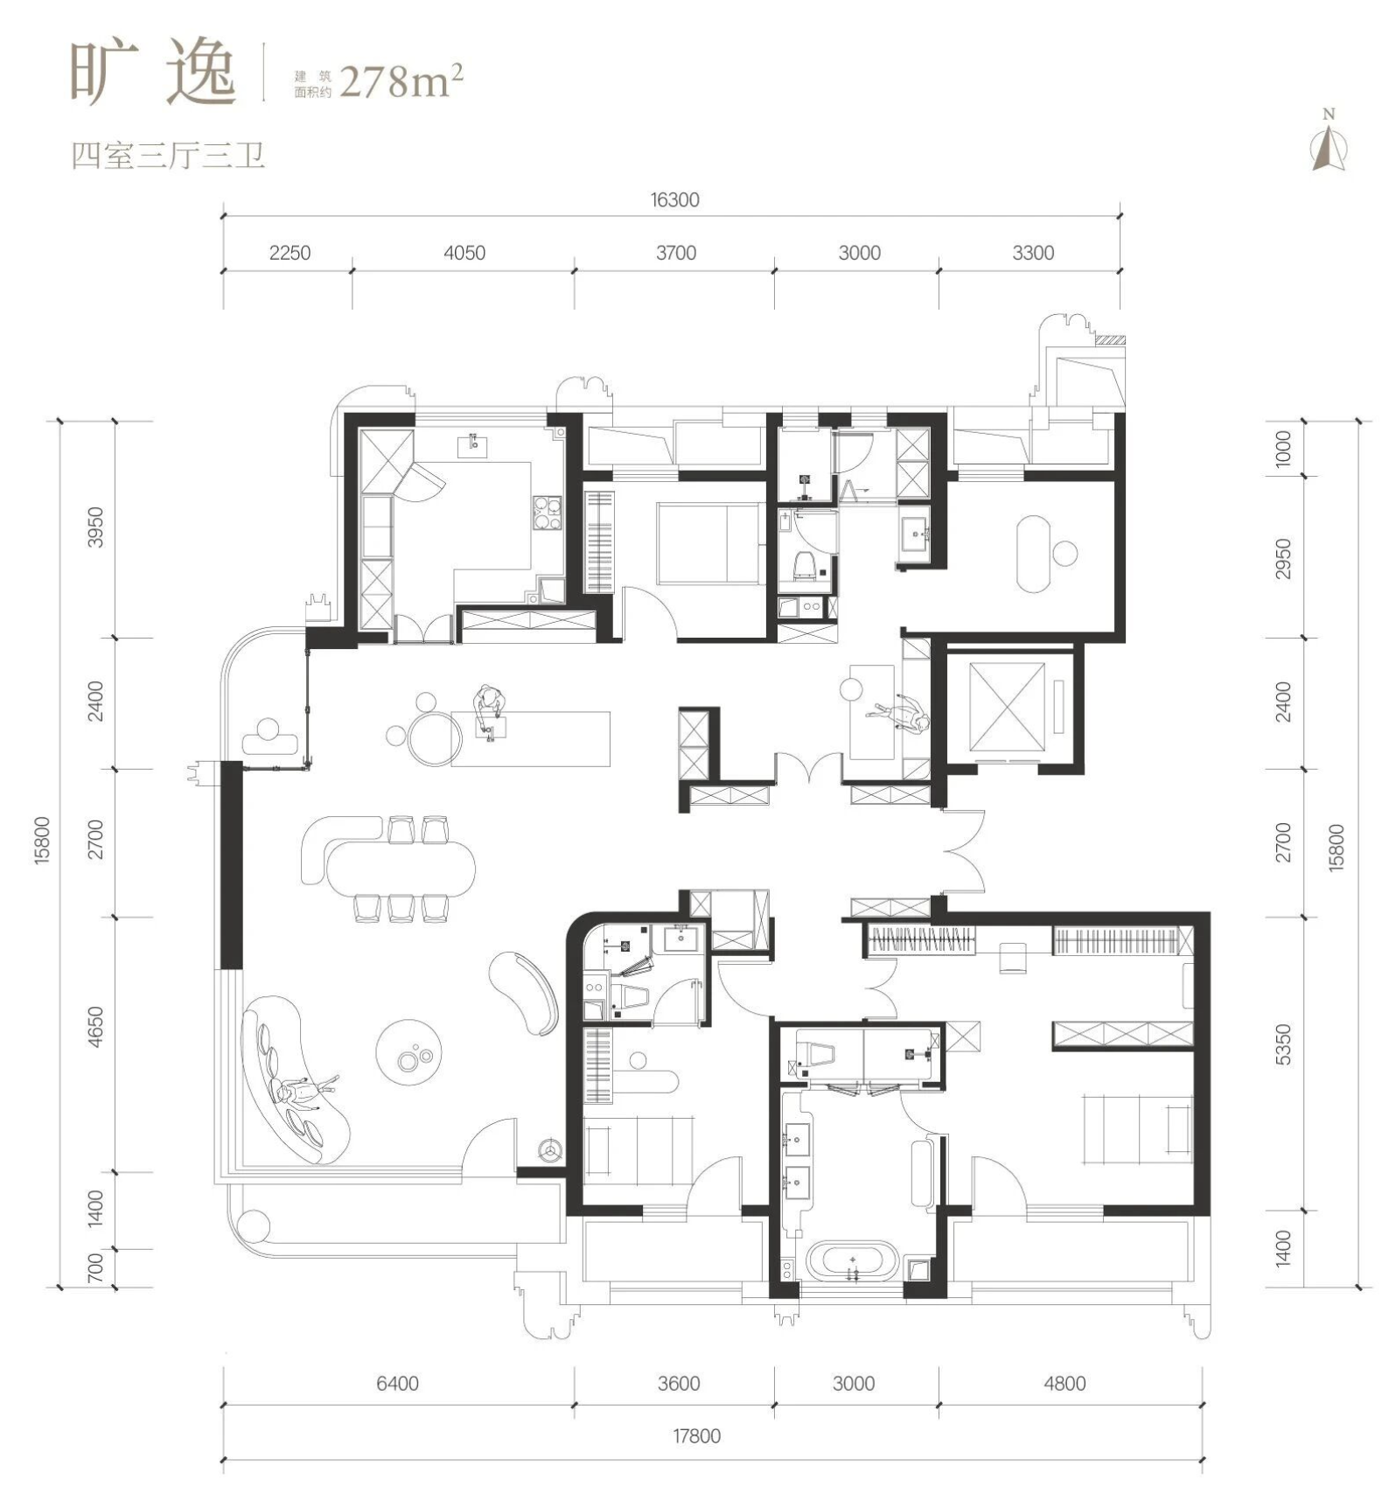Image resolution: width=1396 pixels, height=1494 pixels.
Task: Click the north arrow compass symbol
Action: coord(1329,142)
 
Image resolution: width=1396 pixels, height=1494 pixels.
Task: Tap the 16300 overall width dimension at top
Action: coord(674,200)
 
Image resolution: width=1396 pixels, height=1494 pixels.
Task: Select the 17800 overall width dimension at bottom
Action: coord(696,1436)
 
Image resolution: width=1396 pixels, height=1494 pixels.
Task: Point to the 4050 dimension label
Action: coord(464,253)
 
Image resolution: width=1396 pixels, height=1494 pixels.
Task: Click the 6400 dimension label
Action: coord(397,1384)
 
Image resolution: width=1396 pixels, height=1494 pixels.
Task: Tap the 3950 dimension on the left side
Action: coord(96,527)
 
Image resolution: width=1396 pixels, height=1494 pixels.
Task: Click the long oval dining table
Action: coord(401,867)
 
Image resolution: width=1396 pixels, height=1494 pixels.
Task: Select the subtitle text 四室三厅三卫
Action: coord(167,156)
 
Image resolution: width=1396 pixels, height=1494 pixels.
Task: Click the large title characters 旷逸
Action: coord(153,73)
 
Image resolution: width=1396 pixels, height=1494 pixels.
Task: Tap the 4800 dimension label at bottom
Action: coord(1064,1384)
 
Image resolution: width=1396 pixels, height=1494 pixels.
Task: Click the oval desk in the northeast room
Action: coord(1034,554)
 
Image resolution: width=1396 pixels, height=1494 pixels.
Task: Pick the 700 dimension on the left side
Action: coord(96,1267)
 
